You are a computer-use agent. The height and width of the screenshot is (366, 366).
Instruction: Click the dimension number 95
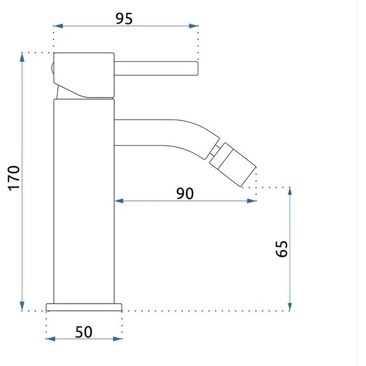pos(124,19)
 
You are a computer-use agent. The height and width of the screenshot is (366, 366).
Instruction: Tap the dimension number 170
pos(14,178)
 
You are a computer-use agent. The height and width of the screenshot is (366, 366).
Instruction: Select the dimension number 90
pos(185,194)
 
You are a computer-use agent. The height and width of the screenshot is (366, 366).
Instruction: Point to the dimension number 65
pos(281,249)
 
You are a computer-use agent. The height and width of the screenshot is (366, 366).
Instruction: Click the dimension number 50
pos(83,332)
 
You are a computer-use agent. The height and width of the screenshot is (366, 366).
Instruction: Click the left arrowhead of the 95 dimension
pos(58,26)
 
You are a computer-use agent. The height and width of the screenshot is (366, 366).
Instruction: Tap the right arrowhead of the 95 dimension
pos(194,26)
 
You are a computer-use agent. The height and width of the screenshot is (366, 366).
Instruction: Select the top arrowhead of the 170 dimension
pos(22,58)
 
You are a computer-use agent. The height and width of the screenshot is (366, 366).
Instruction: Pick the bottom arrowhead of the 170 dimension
pos(22,306)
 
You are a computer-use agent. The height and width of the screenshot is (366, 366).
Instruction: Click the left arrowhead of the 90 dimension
pos(119,201)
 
